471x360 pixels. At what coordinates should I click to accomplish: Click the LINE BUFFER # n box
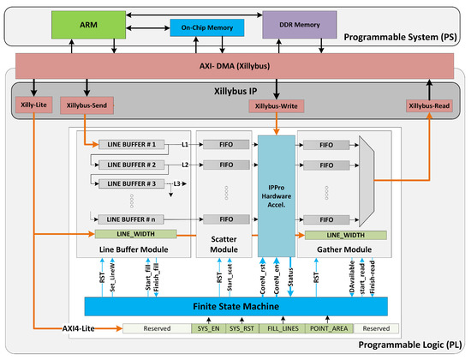pyautogui.click(x=129, y=219)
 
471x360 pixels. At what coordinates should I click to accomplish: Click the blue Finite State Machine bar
pyautogui.click(x=235, y=306)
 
